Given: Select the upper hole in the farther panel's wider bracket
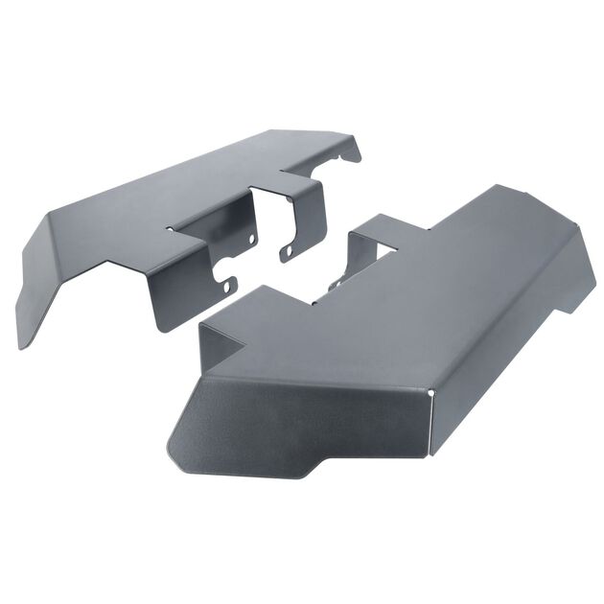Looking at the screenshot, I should point(251,238).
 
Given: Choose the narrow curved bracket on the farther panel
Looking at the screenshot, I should point(307,221).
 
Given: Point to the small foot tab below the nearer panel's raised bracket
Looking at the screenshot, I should point(335,284).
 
